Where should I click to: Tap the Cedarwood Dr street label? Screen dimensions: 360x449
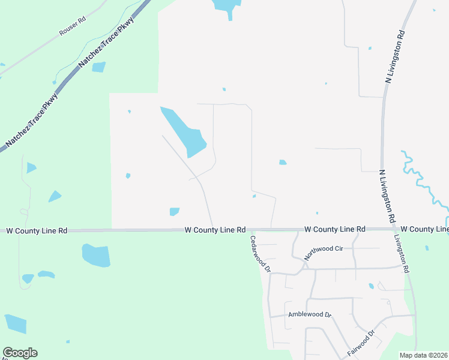point(260,253)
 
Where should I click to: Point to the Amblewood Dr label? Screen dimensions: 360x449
point(309,314)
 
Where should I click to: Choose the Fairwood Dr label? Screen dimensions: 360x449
point(361,343)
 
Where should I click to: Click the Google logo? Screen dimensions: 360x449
point(20,353)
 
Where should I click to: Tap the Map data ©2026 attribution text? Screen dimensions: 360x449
point(424,355)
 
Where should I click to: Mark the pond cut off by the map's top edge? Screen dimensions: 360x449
point(224,7)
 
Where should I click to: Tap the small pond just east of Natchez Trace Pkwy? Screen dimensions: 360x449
point(98,67)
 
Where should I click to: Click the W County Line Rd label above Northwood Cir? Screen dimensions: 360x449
point(335,229)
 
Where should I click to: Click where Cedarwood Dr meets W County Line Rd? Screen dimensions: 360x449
point(250,229)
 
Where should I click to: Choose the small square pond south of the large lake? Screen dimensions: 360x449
point(175,211)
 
